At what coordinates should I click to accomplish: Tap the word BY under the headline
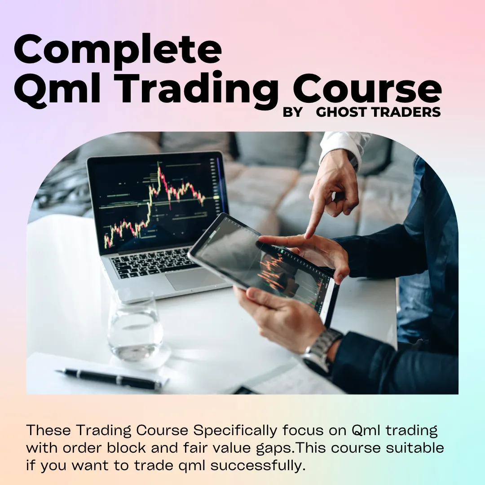(x=293, y=112)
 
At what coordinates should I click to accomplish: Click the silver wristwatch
(x=321, y=350)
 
